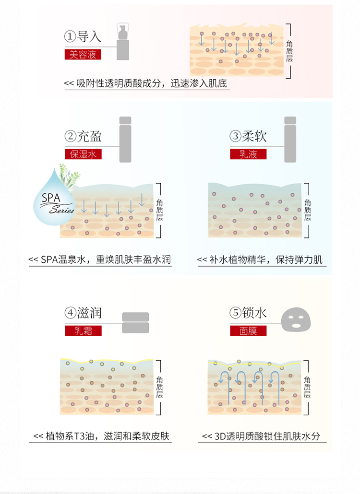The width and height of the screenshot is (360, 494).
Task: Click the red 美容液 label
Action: click(x=83, y=55)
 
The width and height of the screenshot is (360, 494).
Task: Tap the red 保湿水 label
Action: click(x=83, y=154)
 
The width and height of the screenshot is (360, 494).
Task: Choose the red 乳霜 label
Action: click(x=83, y=331)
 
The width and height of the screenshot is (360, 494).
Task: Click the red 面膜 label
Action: click(x=249, y=331)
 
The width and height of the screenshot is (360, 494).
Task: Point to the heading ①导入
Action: click(x=83, y=36)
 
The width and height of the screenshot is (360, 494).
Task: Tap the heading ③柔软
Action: click(x=248, y=136)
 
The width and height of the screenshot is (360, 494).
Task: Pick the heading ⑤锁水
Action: click(x=248, y=313)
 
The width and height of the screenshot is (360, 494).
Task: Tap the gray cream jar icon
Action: click(x=135, y=323)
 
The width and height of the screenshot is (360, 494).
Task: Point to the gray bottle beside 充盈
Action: click(x=125, y=139)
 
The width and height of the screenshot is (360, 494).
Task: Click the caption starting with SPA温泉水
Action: click(x=100, y=260)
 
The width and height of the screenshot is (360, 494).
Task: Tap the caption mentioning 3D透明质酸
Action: click(x=261, y=436)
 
